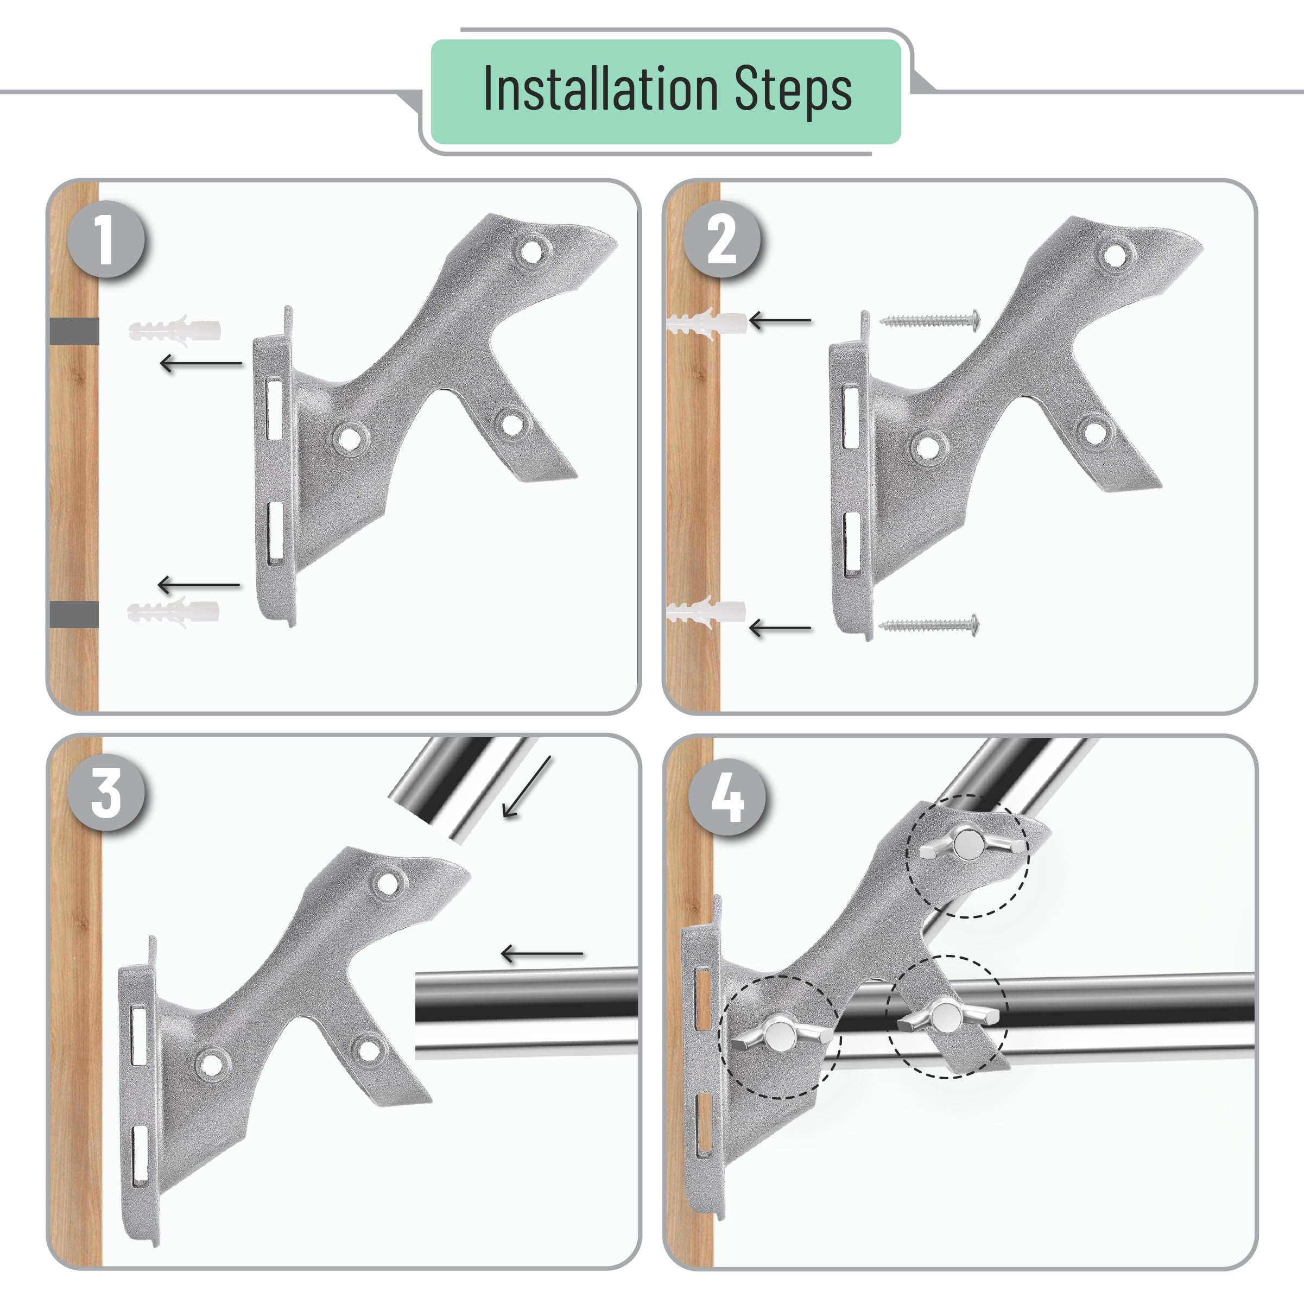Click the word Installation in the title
[x=600, y=90]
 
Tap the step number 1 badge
[x=106, y=239]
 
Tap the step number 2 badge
[x=721, y=239]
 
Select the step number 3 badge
[x=106, y=793]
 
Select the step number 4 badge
[x=727, y=797]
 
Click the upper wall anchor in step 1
[x=175, y=330]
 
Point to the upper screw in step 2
[x=930, y=321]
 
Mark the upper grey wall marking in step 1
[x=74, y=331]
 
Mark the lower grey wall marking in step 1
[x=74, y=614]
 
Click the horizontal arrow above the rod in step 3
[x=542, y=954]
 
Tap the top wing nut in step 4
[x=968, y=844]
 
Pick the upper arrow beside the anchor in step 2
[x=780, y=321]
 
